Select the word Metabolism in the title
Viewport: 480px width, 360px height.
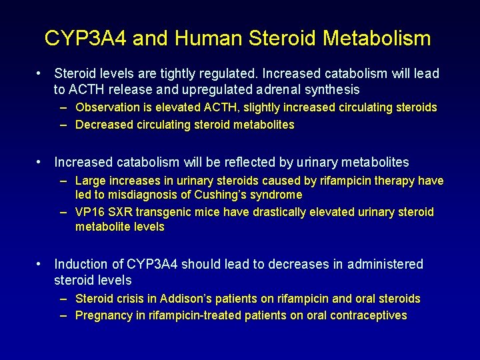point(377,39)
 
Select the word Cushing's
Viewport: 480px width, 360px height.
point(219,195)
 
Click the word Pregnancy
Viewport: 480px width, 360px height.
point(103,315)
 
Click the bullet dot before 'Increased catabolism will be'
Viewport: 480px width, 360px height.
point(41,162)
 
